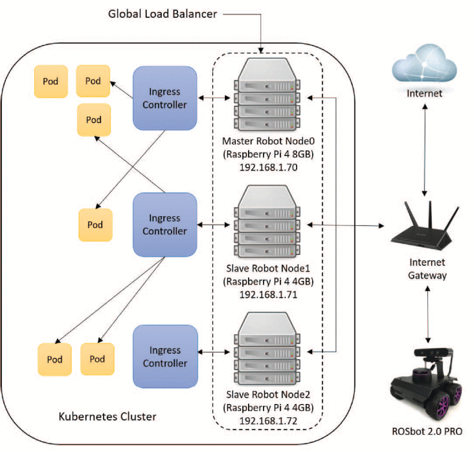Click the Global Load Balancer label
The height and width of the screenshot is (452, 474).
coord(162,14)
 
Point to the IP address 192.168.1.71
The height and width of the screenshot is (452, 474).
coord(267,294)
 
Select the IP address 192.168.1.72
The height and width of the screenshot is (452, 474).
coord(267,421)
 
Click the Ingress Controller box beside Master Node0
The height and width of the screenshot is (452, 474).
coord(165,98)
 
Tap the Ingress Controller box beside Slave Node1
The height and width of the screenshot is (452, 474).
coord(165,224)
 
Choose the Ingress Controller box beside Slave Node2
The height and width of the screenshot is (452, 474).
coord(165,356)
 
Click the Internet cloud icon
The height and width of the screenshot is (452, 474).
coord(424,64)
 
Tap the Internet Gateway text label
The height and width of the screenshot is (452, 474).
coord(427,269)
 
